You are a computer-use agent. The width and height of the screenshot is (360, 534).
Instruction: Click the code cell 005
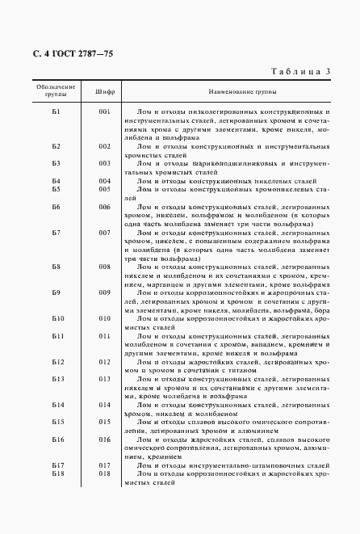104,189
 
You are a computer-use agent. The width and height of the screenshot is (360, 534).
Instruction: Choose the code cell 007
104,233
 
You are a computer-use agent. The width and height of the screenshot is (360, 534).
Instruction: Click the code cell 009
104,292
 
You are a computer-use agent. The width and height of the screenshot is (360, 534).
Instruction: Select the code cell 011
104,335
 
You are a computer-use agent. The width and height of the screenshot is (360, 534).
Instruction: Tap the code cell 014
104,404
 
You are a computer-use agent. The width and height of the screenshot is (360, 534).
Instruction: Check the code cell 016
104,439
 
